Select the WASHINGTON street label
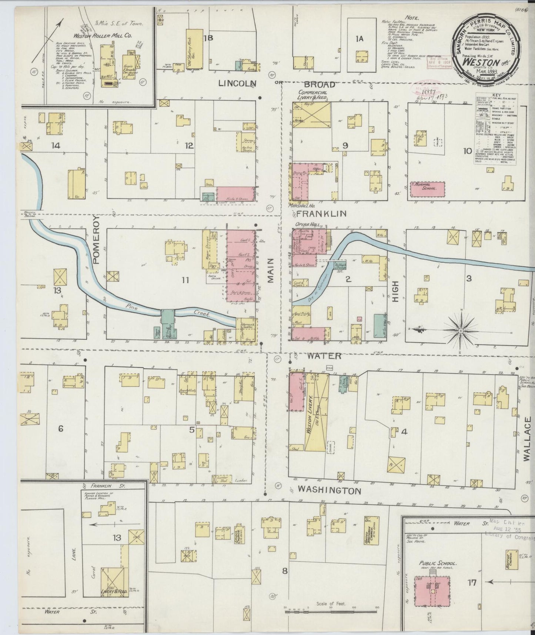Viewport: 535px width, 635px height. point(329,490)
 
